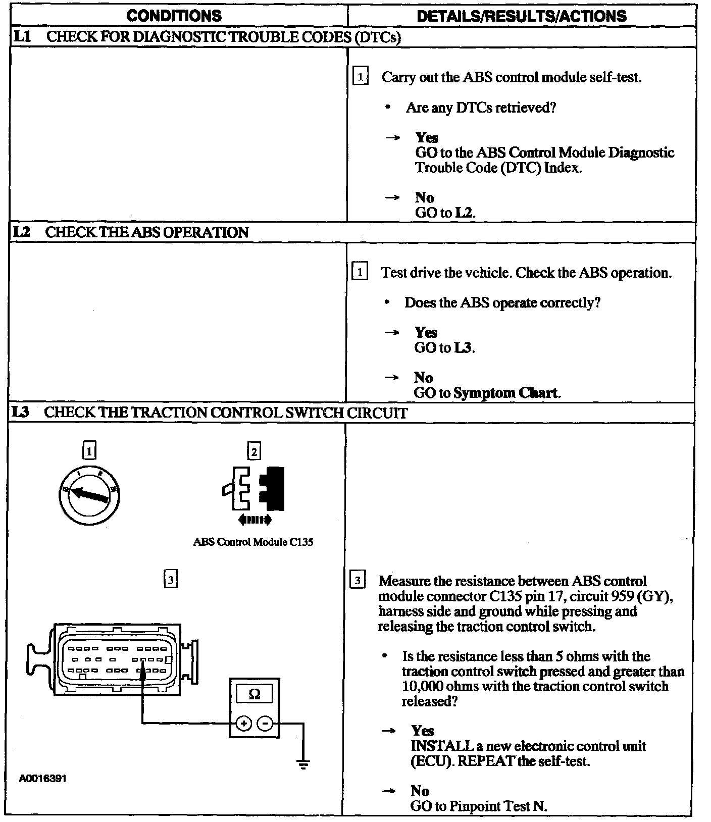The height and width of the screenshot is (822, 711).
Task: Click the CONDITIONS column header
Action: tap(174, 16)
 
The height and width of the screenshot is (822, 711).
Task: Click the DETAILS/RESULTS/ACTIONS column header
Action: tap(522, 16)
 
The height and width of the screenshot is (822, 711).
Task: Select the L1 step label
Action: tap(23, 37)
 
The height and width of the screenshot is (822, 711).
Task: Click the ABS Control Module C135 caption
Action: tap(253, 542)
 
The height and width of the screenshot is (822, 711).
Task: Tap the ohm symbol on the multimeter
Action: tap(255, 694)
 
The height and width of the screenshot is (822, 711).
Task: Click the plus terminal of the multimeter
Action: tap(244, 724)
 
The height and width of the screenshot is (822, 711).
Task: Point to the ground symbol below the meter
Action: tap(303, 763)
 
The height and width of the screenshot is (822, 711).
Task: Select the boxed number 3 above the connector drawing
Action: tap(171, 580)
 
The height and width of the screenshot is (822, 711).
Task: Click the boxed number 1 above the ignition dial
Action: tap(89, 450)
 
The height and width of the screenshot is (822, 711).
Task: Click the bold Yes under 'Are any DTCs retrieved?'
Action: tap(427, 137)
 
